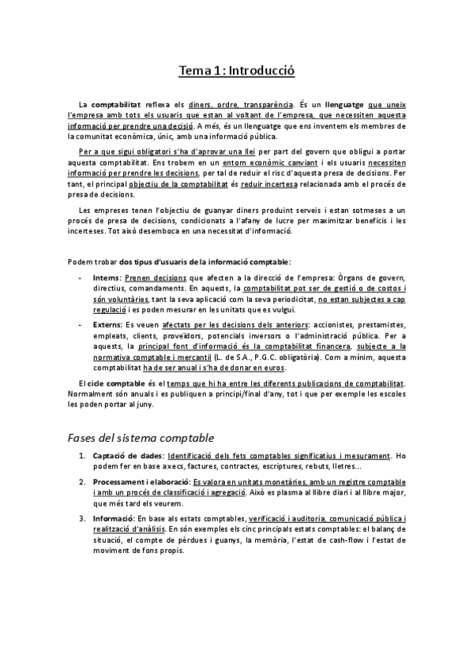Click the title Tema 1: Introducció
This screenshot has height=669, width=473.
[x=236, y=71]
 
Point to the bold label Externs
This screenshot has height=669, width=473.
[x=107, y=326]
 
